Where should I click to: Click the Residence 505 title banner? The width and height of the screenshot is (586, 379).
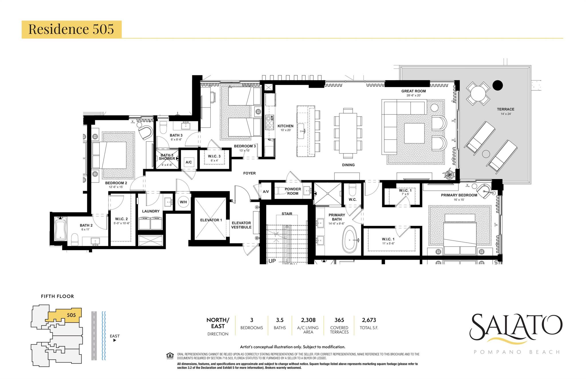[72, 29]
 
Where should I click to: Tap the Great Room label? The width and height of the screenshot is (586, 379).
[413, 91]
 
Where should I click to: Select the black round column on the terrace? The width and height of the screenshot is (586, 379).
[498, 85]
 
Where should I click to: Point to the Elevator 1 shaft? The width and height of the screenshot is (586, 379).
[211, 220]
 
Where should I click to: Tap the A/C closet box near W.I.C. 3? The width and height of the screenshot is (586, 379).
[189, 162]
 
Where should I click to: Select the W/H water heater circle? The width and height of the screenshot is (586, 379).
[183, 202]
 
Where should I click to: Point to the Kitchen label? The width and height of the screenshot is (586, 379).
[285, 126]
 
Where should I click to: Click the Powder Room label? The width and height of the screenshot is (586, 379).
[293, 191]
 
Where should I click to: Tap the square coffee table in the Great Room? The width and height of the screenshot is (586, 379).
[414, 133]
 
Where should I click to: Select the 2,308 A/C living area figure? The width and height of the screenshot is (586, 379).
[308, 320]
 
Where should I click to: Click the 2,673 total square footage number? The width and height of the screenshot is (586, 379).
[369, 320]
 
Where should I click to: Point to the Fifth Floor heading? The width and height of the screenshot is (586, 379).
[58, 296]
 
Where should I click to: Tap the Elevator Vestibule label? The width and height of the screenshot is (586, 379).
[241, 225]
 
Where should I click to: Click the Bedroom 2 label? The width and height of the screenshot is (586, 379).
[116, 183]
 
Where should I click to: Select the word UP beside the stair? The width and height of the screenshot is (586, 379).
[272, 261]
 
